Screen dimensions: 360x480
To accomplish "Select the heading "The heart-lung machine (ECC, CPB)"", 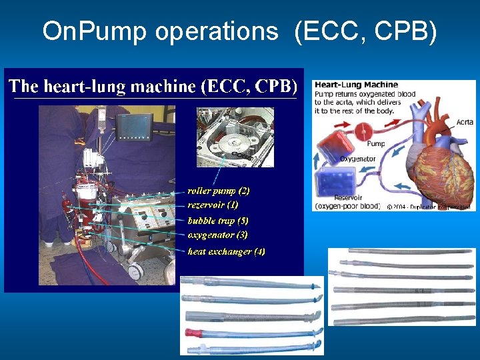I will [x=152, y=86].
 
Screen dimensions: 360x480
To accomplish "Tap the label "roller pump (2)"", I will [x=218, y=191].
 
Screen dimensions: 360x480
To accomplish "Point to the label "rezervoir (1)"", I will [x=213, y=205].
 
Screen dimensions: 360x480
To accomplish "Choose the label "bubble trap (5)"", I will [x=217, y=220].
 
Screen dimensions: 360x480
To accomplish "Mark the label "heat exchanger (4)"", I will [x=226, y=251].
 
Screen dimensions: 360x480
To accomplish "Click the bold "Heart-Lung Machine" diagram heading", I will [x=356, y=85].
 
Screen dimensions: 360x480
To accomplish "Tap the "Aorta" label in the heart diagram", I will [x=465, y=123].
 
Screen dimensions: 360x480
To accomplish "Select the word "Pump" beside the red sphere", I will [x=375, y=143].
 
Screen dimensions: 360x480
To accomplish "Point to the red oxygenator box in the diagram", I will [x=329, y=144].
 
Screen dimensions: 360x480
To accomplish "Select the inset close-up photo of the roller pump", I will [x=235, y=137].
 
